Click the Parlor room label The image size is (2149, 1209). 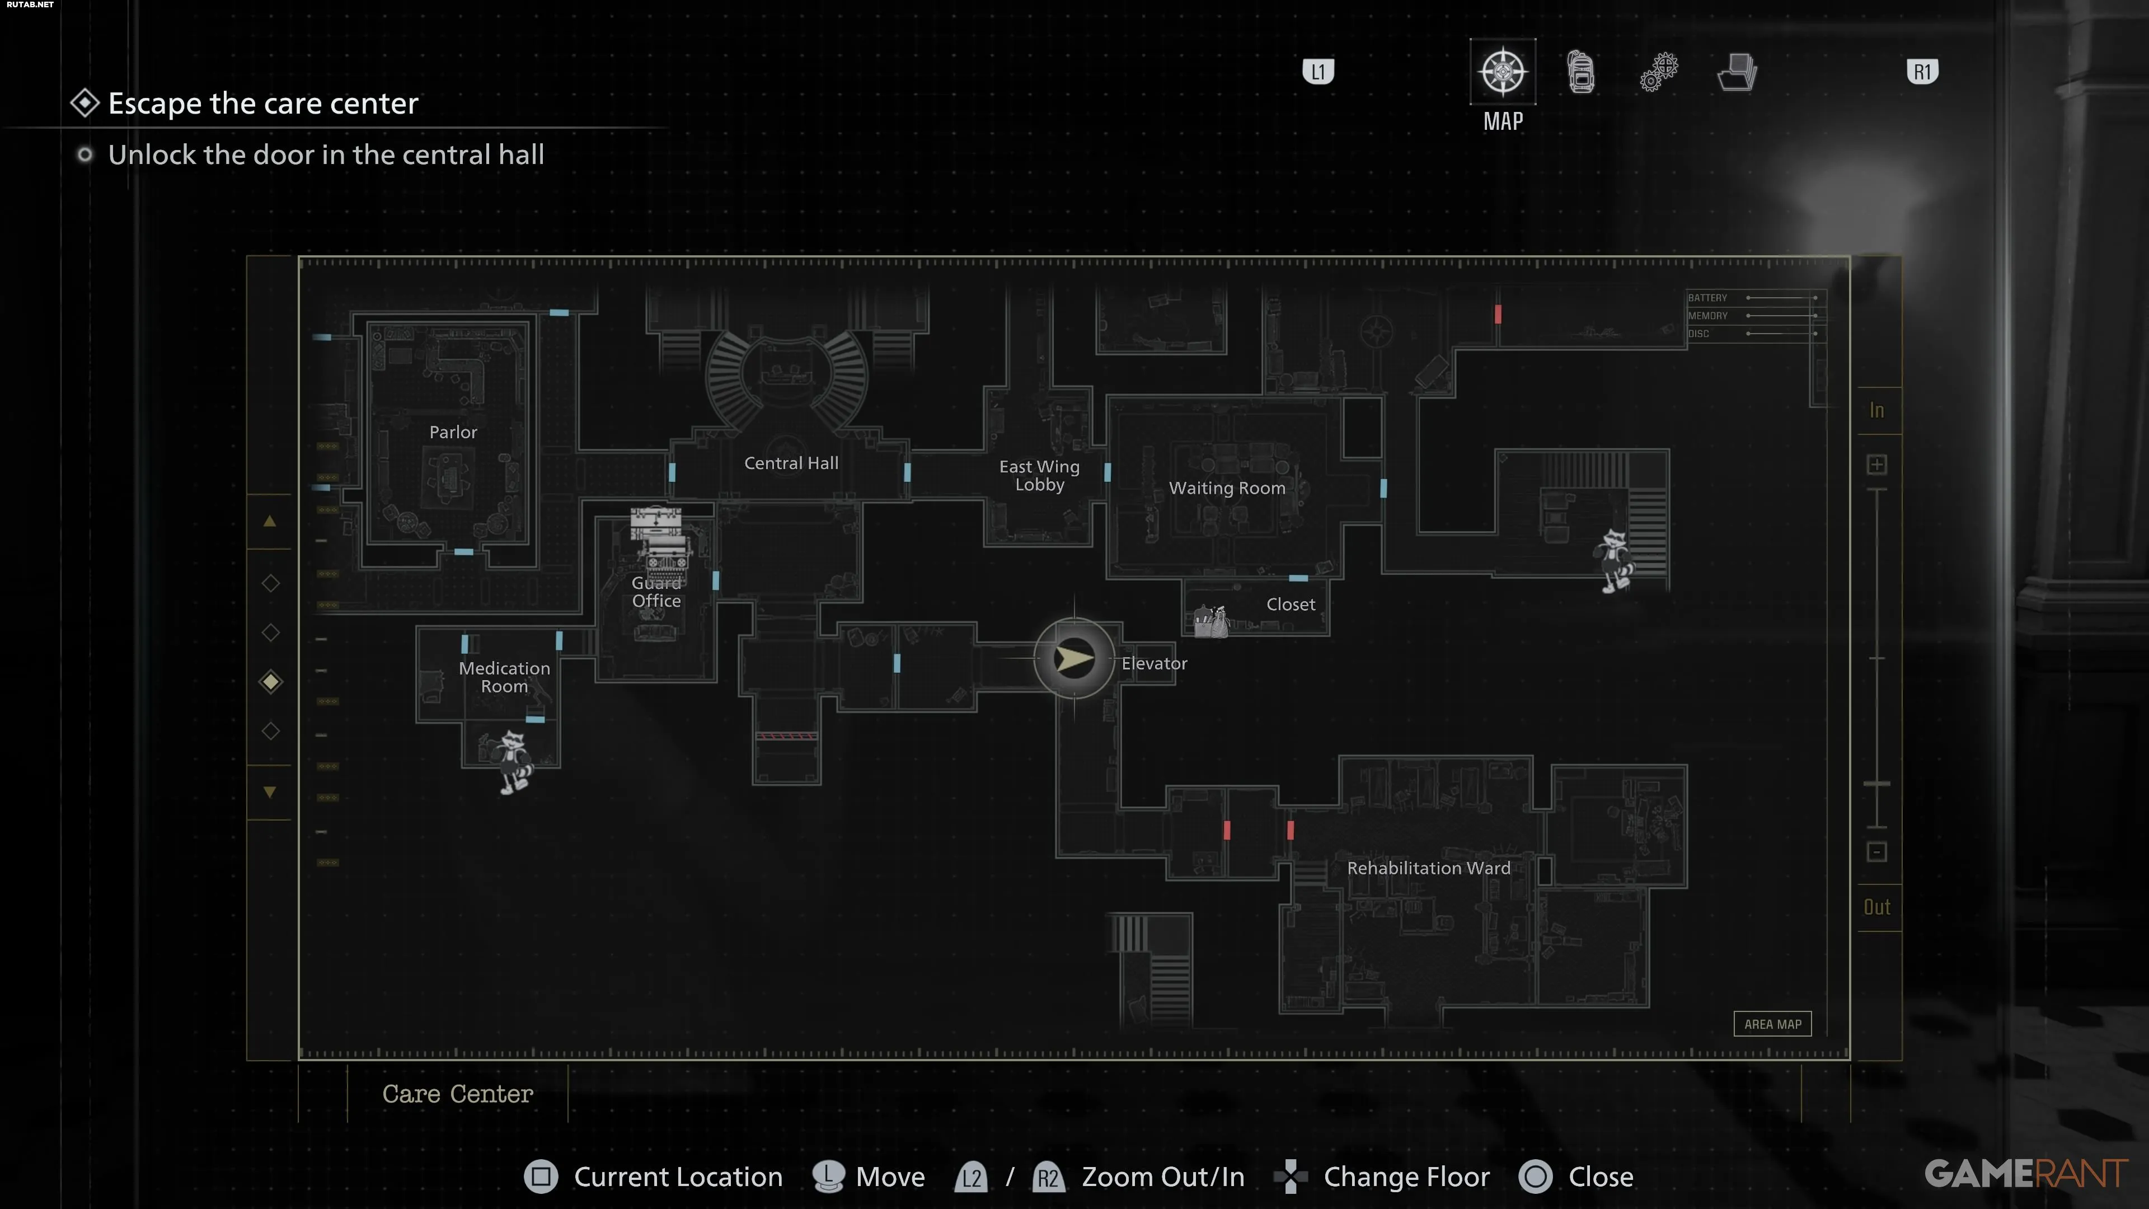(x=453, y=432)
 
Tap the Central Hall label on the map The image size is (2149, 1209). (x=791, y=463)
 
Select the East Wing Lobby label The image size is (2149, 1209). (x=1039, y=476)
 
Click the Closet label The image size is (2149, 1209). (x=1291, y=604)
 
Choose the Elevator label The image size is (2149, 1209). (x=1154, y=663)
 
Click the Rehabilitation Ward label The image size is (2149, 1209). (x=1428, y=868)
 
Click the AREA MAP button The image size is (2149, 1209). (x=1772, y=1024)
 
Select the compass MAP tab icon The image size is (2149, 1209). (x=1503, y=72)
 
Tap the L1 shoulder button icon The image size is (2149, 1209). (x=1318, y=72)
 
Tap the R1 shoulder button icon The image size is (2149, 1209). (x=1922, y=72)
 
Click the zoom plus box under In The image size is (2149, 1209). (x=1876, y=465)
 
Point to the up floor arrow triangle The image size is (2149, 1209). (x=269, y=522)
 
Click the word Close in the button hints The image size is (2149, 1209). (x=1600, y=1177)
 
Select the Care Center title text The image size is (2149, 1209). (x=457, y=1093)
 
